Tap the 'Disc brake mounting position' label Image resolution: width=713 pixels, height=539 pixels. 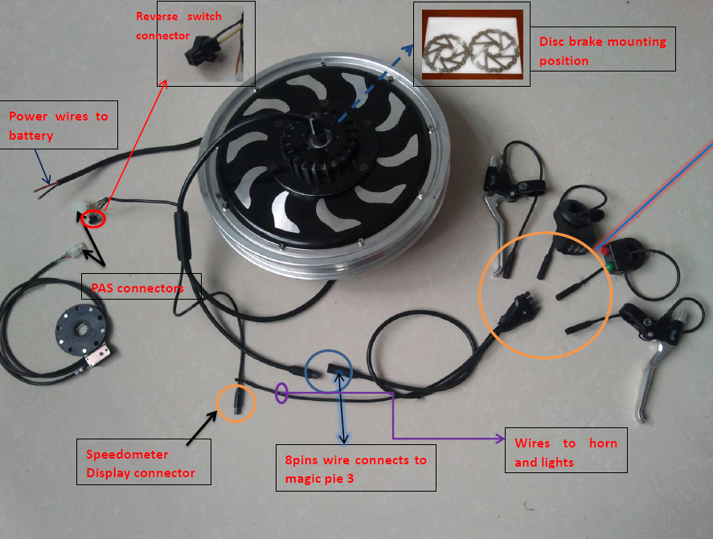[x=603, y=51]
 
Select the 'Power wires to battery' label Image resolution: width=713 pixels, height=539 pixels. [x=58, y=126]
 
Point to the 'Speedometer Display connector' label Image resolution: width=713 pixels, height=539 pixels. [x=141, y=463]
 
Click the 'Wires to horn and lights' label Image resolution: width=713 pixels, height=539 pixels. [x=566, y=452]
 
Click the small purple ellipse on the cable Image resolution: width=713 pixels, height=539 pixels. [x=281, y=393]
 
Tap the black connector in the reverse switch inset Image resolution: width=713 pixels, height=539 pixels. [x=195, y=54]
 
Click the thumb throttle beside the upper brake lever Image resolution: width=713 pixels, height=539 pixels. [x=575, y=213]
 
